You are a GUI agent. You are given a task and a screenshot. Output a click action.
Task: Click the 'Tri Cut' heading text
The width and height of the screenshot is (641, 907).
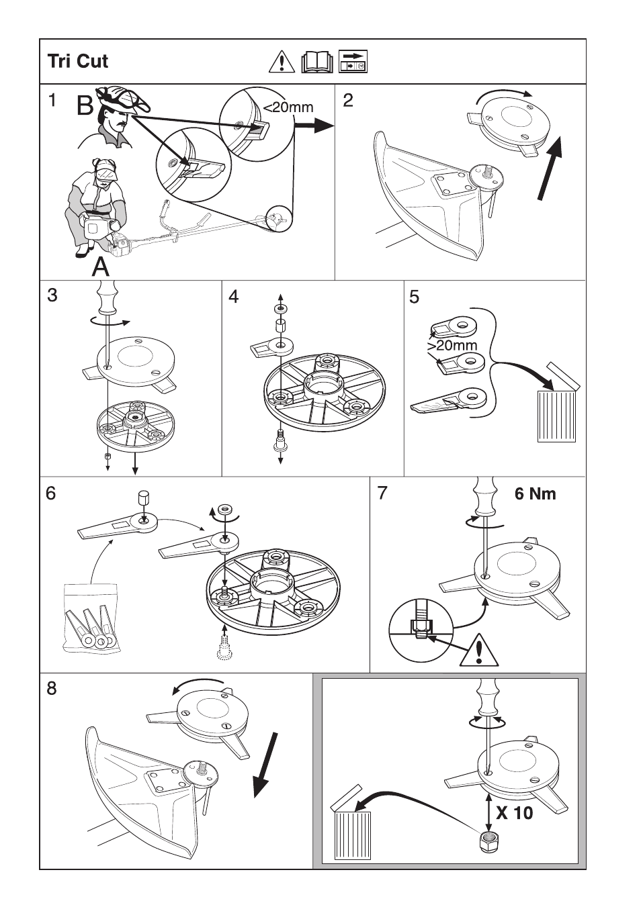[78, 61]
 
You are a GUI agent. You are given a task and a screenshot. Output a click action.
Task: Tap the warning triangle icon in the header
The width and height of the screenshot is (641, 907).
[282, 62]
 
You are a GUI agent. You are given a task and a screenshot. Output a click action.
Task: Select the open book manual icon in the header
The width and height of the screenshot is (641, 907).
[317, 62]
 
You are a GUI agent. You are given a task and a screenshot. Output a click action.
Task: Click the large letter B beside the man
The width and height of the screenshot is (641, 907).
[86, 106]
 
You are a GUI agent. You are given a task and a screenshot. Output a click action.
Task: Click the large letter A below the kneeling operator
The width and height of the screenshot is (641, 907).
[100, 267]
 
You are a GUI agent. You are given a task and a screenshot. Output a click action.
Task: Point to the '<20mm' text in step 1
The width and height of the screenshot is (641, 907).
[288, 107]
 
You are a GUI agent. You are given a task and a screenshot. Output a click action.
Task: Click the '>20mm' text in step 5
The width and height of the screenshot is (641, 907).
[452, 346]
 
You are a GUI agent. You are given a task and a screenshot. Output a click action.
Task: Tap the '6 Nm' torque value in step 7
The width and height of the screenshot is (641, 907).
[535, 494]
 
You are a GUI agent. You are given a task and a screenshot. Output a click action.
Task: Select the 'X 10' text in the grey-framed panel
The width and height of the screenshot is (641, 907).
[514, 813]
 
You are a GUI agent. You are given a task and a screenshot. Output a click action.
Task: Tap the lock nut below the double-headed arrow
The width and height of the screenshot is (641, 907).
[488, 842]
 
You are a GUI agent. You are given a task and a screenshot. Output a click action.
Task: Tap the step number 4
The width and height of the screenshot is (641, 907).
[234, 296]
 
